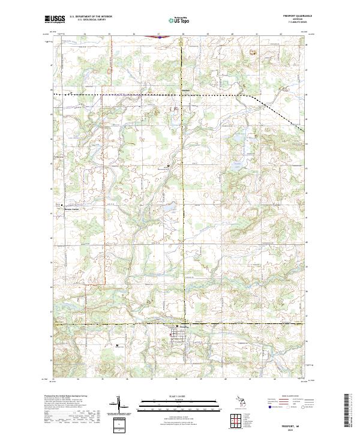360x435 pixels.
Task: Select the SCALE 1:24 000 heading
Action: (179, 397)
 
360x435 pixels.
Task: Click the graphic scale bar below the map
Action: (179, 404)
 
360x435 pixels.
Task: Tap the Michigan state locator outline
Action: (241, 401)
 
